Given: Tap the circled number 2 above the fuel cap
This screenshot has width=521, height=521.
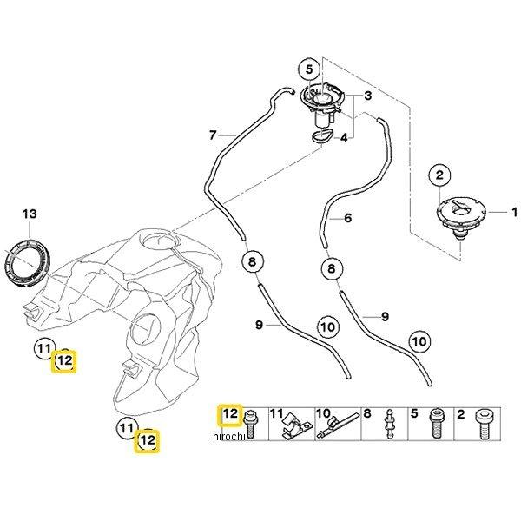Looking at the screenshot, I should [x=440, y=176].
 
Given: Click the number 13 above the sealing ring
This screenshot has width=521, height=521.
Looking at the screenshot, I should [x=30, y=214].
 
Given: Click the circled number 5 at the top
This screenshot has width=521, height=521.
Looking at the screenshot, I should [x=307, y=69].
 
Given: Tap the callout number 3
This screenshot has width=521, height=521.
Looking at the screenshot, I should [x=367, y=95].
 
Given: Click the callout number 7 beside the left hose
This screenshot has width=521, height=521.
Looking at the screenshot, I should [x=211, y=135].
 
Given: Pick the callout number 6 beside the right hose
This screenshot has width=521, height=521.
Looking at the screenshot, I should [x=347, y=218].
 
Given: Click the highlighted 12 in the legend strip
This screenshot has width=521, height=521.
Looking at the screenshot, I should [x=230, y=415].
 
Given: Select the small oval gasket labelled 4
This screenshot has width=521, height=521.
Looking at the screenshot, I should [x=321, y=135].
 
